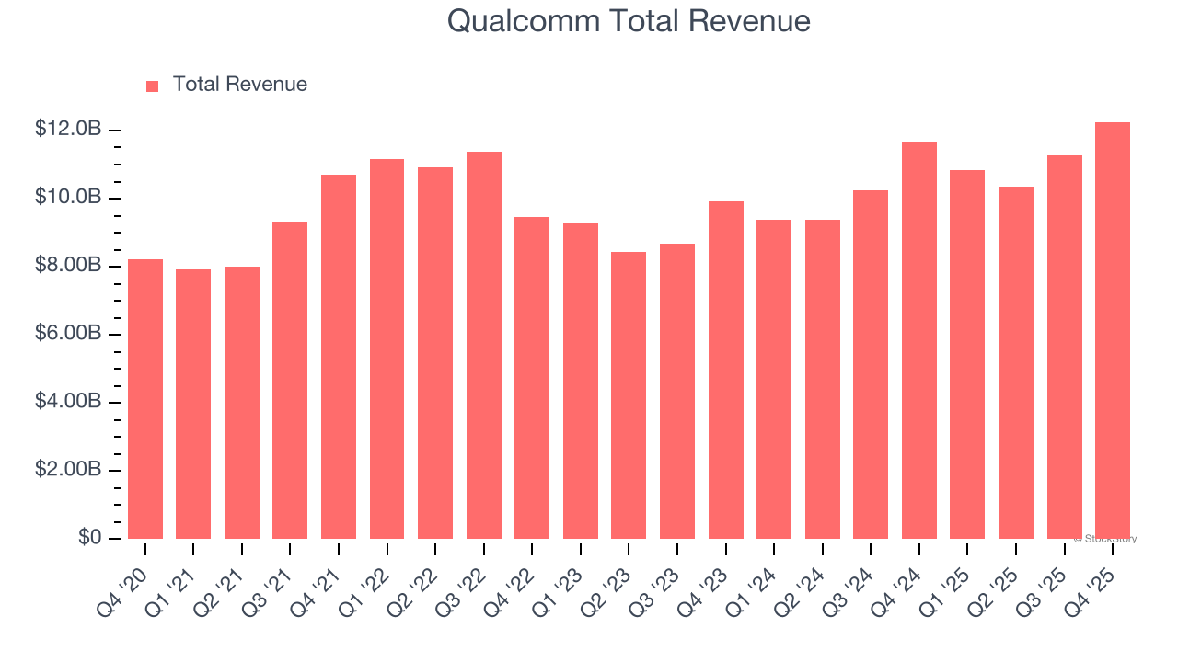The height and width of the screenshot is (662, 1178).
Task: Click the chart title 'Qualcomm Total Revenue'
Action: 629,21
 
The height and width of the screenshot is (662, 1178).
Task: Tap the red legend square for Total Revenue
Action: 153,86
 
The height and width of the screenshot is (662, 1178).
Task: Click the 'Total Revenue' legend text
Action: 239,85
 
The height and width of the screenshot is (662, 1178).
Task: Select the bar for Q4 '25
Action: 1113,331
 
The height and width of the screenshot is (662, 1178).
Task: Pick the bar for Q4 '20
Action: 145,399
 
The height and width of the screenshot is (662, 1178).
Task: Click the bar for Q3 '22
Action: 484,345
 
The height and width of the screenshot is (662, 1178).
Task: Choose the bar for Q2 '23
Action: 629,395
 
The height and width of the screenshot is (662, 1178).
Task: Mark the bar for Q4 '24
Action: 919,340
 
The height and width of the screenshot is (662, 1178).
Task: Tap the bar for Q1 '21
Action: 193,404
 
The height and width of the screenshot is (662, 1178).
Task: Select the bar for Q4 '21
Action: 339,357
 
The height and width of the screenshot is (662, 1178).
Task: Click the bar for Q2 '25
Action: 1016,362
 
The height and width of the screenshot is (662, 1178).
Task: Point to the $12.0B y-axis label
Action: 67,130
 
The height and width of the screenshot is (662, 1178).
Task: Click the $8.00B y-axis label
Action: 67,266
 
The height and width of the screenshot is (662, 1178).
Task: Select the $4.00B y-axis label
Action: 67,402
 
